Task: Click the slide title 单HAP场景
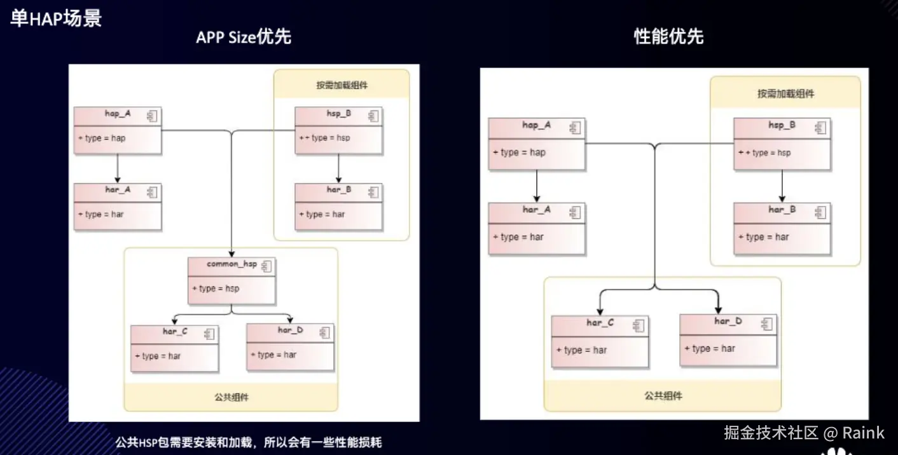click(x=56, y=18)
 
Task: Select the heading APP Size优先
click(x=243, y=37)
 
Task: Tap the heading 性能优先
click(x=668, y=36)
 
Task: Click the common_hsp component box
click(x=231, y=280)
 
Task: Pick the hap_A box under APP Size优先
click(x=117, y=130)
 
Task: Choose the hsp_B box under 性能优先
click(x=782, y=144)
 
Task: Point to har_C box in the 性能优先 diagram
click(x=599, y=341)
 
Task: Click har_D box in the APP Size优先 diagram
click(x=289, y=347)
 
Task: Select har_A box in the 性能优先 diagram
click(x=536, y=229)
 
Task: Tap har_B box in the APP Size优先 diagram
click(x=338, y=207)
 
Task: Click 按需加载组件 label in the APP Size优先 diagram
click(x=342, y=85)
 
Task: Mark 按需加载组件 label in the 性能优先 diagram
click(x=785, y=93)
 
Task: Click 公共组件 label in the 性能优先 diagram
click(x=663, y=395)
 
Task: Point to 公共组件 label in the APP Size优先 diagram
click(x=231, y=397)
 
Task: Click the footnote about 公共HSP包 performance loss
click(x=248, y=442)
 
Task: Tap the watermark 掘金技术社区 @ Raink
click(x=804, y=433)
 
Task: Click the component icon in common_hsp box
click(x=266, y=266)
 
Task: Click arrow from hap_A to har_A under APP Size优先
click(x=117, y=168)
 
